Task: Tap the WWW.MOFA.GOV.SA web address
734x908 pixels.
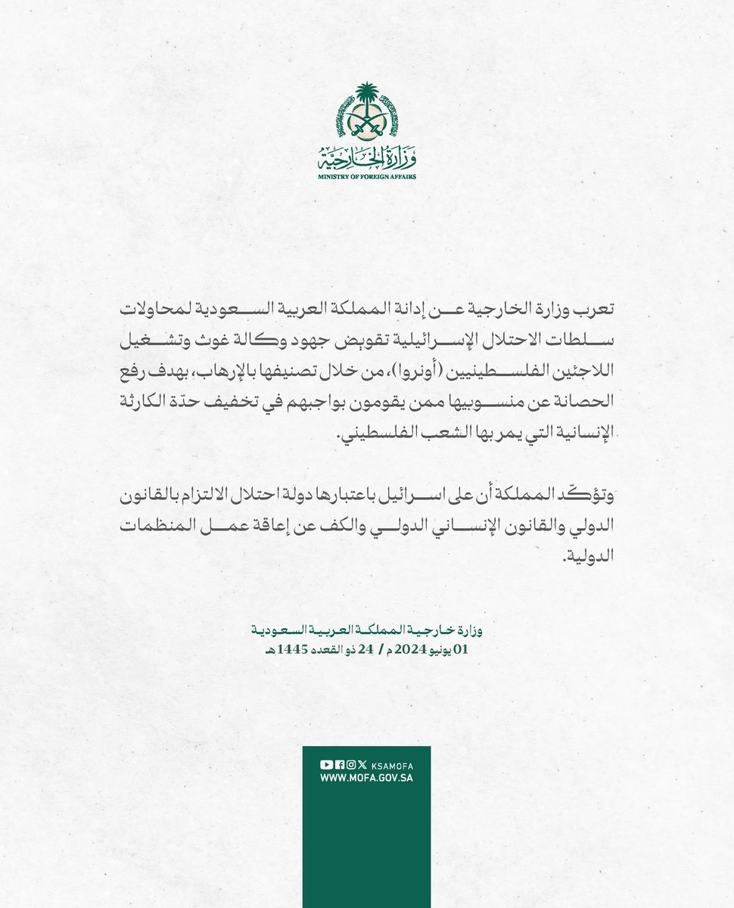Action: (366, 778)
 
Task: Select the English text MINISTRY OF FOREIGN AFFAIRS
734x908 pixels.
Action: (366, 176)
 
